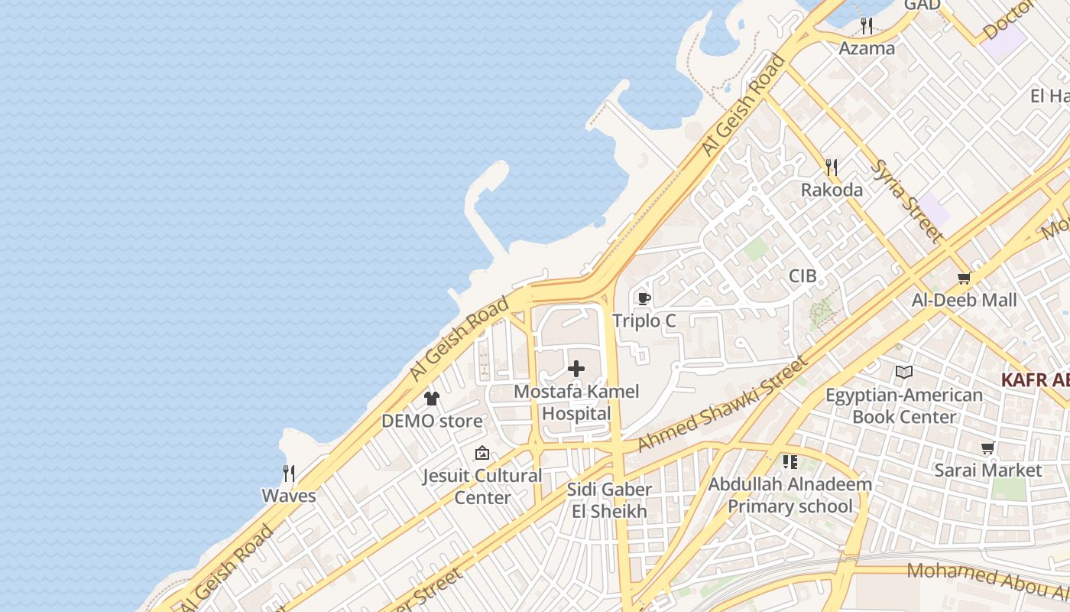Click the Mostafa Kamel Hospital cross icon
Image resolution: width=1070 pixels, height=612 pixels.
coord(576,369)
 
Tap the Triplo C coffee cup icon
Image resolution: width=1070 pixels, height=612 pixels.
coord(644,298)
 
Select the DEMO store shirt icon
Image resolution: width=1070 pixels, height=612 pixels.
coord(432,399)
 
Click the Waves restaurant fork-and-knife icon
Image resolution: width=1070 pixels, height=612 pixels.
coord(289,474)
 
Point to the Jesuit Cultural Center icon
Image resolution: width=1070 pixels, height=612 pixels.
coord(482,454)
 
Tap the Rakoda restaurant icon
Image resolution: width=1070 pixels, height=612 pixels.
coord(832,167)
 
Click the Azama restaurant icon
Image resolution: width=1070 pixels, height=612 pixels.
coord(867,26)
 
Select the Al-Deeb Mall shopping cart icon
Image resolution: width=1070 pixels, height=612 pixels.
coord(965,278)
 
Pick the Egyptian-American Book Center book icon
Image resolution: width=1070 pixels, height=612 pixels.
coord(904,373)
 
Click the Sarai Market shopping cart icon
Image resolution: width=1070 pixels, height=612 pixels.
coord(988,448)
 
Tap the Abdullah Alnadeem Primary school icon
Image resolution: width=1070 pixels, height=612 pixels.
coord(790,462)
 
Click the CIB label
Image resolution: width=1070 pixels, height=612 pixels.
coord(803,276)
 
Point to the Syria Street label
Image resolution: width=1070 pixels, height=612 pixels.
coord(906,200)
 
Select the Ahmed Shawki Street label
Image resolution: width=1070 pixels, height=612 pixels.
coord(721,403)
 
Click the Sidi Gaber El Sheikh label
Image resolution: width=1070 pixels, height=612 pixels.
coord(609,500)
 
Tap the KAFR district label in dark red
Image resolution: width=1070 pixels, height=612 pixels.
coord(1035,380)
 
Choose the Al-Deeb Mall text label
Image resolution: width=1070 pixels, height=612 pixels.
coord(965,300)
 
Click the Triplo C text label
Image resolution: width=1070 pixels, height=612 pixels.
coord(644,321)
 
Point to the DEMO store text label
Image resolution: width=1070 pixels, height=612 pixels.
coord(432,421)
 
